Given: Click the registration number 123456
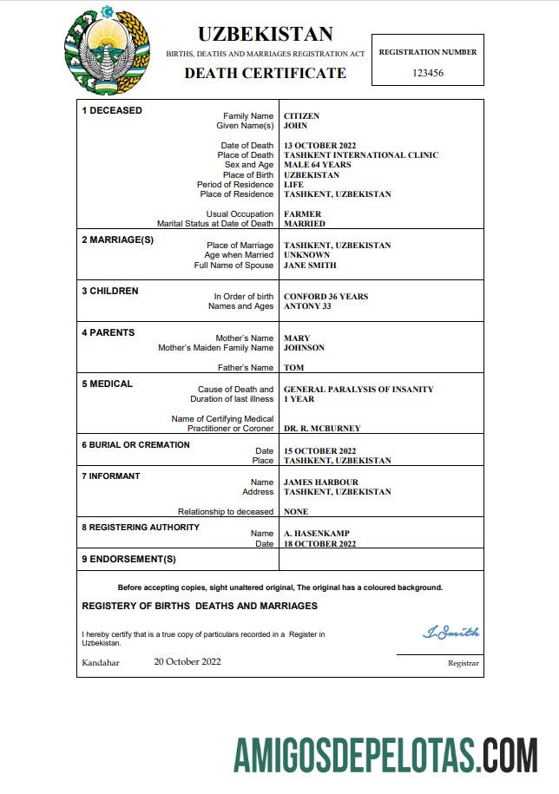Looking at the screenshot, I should tap(428, 73).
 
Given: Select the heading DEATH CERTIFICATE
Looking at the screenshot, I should tap(265, 73).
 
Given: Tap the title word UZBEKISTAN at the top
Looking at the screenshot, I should tap(265, 34).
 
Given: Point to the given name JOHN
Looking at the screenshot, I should tap(296, 126).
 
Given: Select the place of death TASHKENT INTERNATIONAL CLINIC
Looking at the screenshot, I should tap(361, 155).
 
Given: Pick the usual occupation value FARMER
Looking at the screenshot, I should tap(302, 214).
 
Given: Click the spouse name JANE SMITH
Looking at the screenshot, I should tap(310, 266).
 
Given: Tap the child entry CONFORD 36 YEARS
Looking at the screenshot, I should tap(326, 297).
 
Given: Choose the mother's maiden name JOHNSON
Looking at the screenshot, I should tap(304, 348).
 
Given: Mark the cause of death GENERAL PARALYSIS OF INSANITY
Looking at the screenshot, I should tap(358, 390).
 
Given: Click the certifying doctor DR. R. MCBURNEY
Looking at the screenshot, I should tap(322, 429).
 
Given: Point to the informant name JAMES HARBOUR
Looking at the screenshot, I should tap(320, 482).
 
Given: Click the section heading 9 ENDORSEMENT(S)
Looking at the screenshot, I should tap(128, 559).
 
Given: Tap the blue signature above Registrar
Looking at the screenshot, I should tap(450, 633).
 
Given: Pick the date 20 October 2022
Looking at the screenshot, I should tap(187, 661).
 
